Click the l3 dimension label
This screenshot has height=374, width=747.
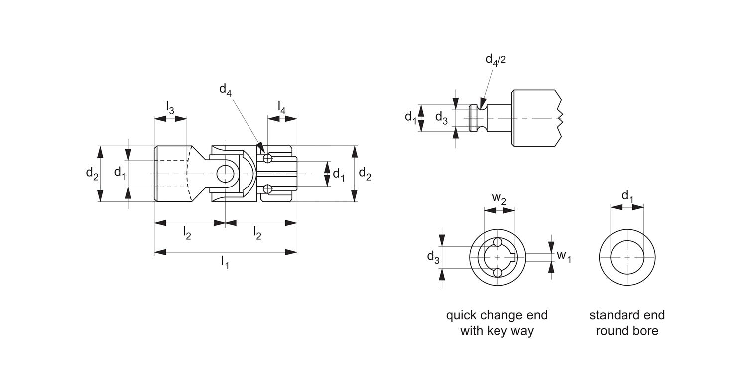170,108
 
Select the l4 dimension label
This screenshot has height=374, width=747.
282,108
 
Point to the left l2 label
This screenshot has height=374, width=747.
187,233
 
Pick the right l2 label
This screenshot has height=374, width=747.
257,233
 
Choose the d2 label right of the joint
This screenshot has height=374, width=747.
365,174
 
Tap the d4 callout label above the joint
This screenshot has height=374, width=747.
226,90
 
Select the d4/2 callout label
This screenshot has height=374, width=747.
496,59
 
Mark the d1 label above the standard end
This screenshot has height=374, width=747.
628,196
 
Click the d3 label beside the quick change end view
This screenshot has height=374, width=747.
433,257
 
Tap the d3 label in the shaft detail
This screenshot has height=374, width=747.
442,117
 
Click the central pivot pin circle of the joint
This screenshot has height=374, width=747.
225,174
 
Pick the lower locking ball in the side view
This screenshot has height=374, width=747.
268,188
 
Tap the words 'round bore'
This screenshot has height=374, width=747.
627,331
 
